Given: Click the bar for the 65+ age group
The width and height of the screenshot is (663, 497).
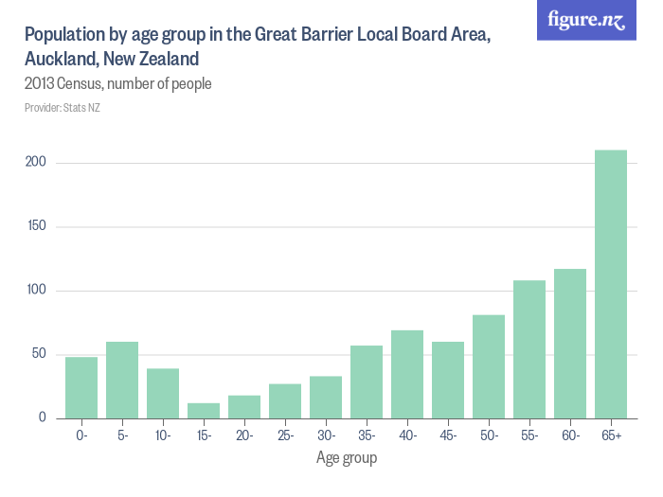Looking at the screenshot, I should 611,284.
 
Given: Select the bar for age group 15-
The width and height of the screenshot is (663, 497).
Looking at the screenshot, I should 204,411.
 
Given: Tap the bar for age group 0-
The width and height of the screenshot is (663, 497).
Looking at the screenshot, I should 81,388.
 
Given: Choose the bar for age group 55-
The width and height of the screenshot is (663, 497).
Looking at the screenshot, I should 529,349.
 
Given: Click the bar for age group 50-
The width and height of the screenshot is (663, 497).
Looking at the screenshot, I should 489,366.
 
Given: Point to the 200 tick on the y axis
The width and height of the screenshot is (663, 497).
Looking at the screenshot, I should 36,163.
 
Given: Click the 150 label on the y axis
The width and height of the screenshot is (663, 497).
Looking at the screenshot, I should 36,227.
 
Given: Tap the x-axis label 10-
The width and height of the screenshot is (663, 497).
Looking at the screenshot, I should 163,435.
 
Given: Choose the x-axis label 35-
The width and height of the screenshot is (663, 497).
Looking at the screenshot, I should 367,435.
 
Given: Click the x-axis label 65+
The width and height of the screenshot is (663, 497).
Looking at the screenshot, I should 611,435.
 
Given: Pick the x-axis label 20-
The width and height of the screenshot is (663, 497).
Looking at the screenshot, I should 244,435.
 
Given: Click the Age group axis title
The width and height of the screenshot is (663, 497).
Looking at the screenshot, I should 346,458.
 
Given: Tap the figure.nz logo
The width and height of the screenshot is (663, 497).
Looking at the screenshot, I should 586,20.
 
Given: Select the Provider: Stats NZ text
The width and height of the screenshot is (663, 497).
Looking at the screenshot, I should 62,108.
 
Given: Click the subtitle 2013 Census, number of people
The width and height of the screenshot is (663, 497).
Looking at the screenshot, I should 117,84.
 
